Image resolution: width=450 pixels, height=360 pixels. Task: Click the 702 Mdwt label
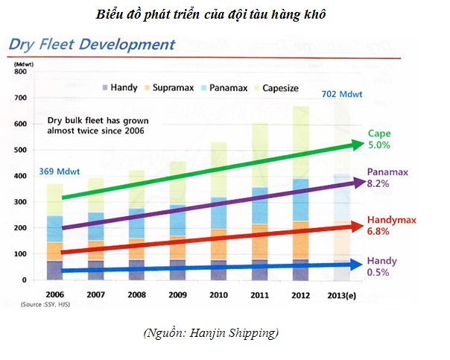point(342,94)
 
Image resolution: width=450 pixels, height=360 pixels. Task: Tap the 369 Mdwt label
point(60,171)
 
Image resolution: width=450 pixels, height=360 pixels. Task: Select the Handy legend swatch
point(105,87)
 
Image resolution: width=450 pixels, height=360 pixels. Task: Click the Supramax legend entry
point(170,87)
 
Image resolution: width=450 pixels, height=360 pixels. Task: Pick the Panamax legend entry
point(225,87)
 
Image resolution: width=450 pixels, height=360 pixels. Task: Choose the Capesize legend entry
point(277,88)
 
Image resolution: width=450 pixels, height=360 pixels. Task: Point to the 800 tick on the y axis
point(20,72)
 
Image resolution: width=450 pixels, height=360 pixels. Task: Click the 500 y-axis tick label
point(20,150)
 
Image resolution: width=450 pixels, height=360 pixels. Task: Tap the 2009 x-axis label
point(177,295)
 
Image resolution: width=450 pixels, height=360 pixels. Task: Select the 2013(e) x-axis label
point(342,295)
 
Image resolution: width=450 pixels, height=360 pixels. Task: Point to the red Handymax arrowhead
point(358,227)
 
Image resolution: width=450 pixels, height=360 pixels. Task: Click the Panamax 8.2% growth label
point(387,177)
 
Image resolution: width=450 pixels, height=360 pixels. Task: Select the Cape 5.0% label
point(379,139)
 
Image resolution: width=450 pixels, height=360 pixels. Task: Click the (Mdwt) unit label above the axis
point(24,64)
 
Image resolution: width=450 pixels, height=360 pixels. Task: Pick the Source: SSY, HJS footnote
point(45,304)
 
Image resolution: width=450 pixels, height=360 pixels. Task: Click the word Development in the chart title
point(127,45)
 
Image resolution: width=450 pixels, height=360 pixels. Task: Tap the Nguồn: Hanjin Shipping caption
point(211,333)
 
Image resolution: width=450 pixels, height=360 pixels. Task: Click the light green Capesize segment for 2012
point(301,142)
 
